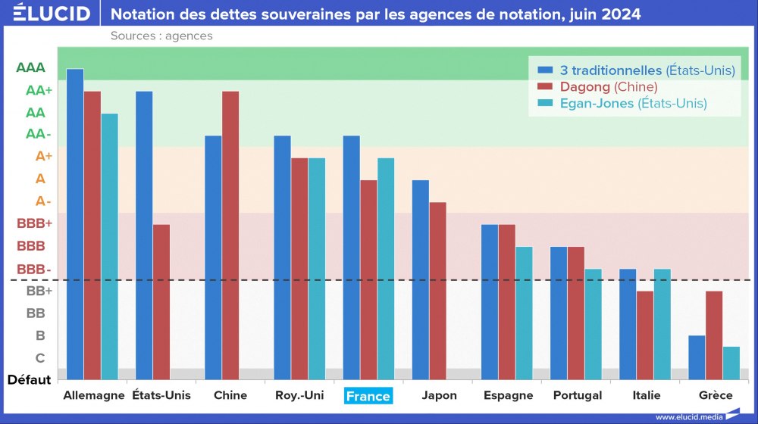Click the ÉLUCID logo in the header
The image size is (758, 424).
[52, 14]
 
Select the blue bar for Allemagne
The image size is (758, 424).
[75, 223]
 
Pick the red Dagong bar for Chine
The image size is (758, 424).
[230, 235]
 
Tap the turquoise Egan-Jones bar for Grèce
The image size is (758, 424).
[731, 363]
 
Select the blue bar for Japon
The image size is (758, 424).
[420, 279]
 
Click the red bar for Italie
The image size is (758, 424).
[645, 335]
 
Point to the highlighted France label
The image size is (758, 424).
[368, 396]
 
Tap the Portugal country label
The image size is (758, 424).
[578, 395]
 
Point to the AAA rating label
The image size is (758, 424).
[30, 67]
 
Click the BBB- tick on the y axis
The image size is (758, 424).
[34, 269]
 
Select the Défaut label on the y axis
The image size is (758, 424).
[30, 379]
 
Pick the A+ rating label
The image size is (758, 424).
[43, 157]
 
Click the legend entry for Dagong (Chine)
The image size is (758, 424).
[609, 86]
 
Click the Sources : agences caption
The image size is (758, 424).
[161, 36]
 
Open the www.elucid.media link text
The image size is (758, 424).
[688, 416]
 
